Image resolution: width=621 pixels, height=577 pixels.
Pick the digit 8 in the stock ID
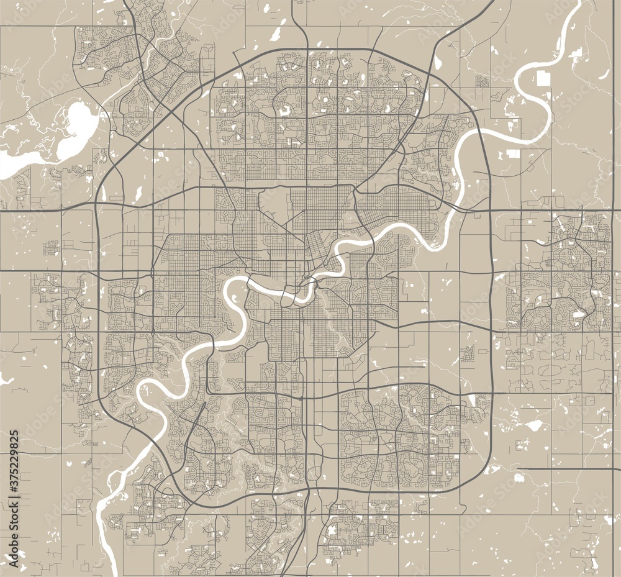click(14, 443)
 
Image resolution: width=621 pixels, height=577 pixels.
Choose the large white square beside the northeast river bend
click(544, 79)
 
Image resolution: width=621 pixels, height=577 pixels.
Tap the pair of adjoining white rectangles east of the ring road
click(513, 154)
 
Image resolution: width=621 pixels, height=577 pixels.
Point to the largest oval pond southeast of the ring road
click(533, 425)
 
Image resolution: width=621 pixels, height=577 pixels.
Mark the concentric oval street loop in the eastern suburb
click(533, 318)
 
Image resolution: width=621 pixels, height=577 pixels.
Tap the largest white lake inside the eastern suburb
click(578, 314)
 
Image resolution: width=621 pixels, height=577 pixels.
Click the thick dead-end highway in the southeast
click(568, 469)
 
